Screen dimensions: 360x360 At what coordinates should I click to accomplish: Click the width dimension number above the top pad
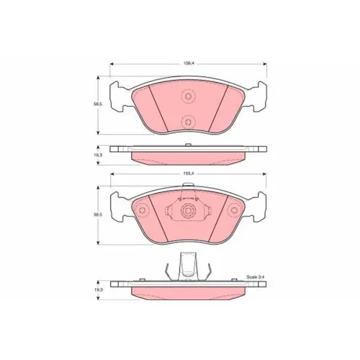189,63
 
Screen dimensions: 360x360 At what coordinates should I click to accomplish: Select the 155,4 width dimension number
189,174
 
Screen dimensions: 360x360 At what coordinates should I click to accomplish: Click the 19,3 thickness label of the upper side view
98,155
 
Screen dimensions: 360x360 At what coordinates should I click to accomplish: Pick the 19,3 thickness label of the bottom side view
98,290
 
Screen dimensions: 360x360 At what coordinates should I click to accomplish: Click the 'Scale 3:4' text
256,277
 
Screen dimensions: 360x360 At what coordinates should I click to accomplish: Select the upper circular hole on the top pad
189,96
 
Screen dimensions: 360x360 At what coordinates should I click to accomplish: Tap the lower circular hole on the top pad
189,122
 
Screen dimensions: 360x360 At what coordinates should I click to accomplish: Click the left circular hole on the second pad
142,210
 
